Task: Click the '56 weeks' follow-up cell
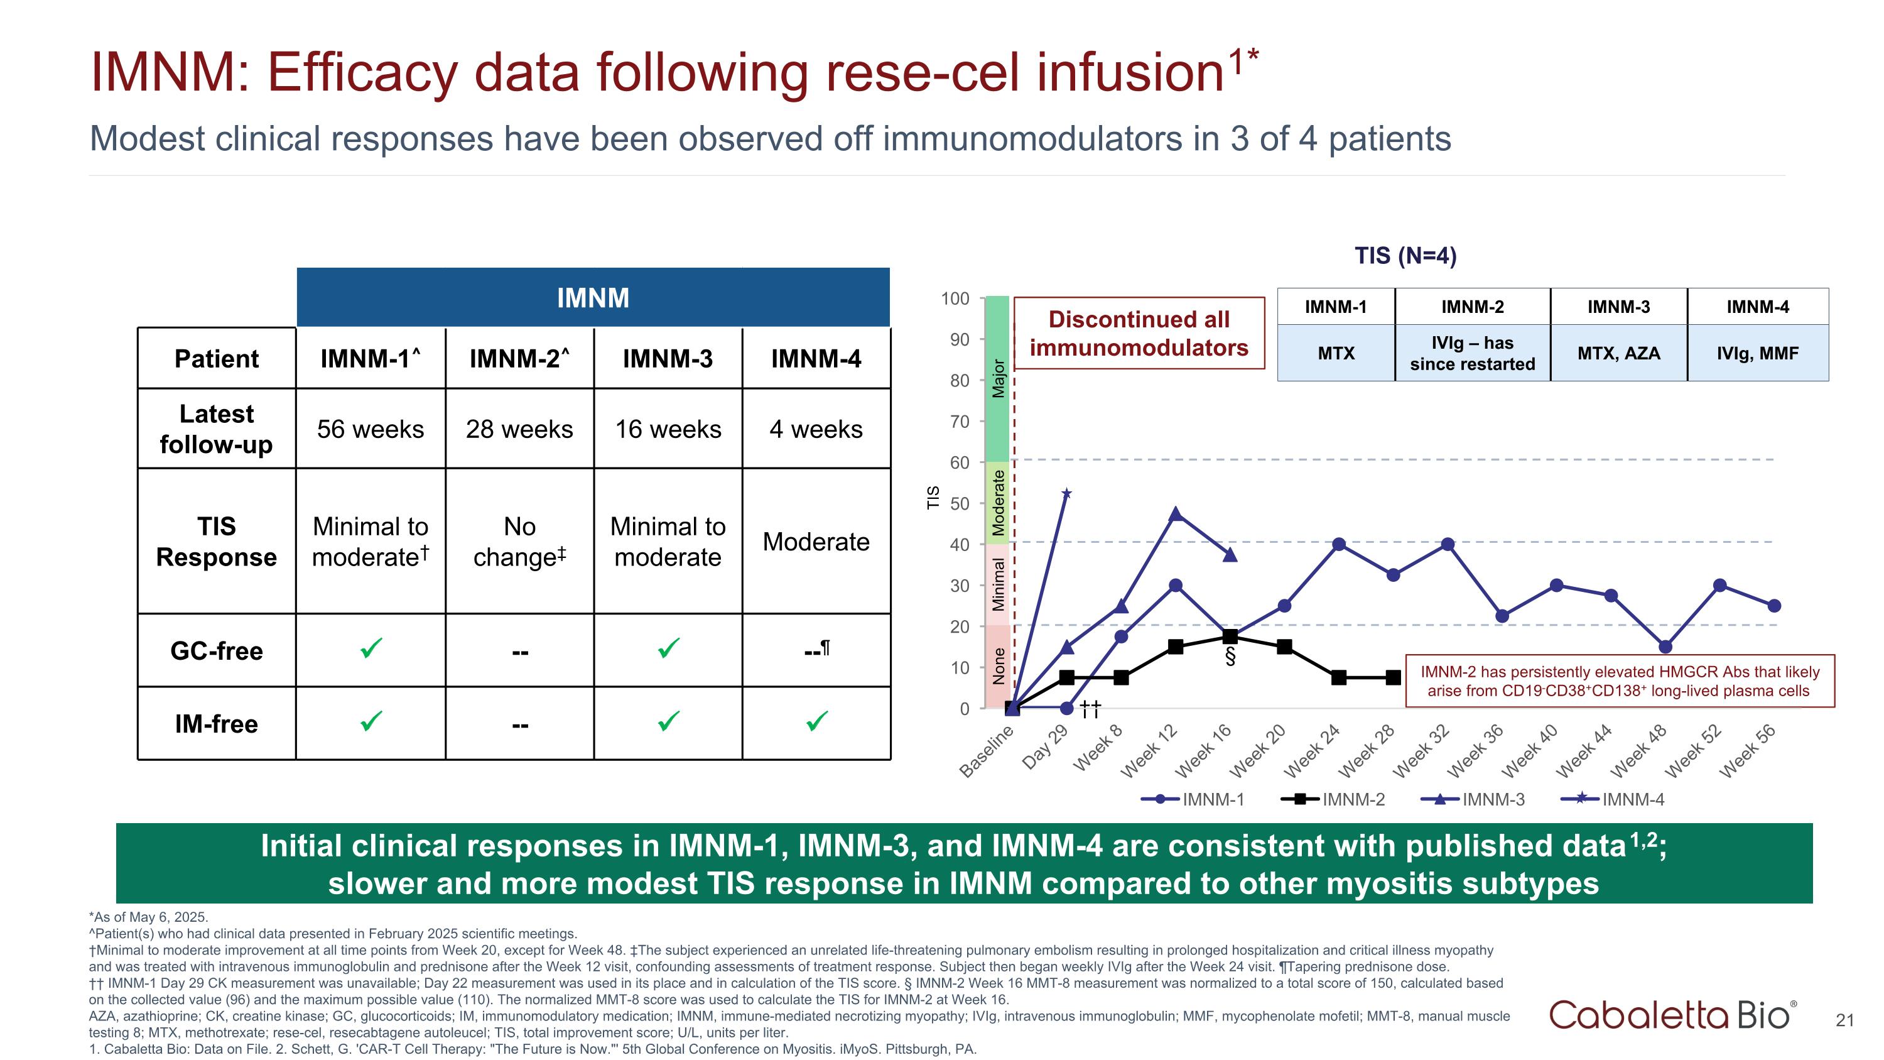tap(370, 429)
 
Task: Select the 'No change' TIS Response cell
tap(519, 542)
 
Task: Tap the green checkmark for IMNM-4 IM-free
tap(817, 722)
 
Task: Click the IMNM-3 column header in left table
tap(668, 358)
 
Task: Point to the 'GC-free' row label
tap(217, 650)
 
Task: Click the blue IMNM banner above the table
tap(592, 298)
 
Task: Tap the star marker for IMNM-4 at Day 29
tap(1067, 494)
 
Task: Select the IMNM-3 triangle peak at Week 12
tap(1176, 513)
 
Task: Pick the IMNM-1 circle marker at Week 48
tap(1665, 647)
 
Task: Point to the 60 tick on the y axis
tap(959, 462)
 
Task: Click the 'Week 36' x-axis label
tap(1476, 751)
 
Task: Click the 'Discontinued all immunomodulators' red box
tap(1139, 334)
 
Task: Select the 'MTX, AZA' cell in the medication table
tap(1618, 353)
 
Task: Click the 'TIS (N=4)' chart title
tap(1405, 255)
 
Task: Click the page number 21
tap(1844, 1020)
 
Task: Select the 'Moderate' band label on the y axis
tap(999, 503)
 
